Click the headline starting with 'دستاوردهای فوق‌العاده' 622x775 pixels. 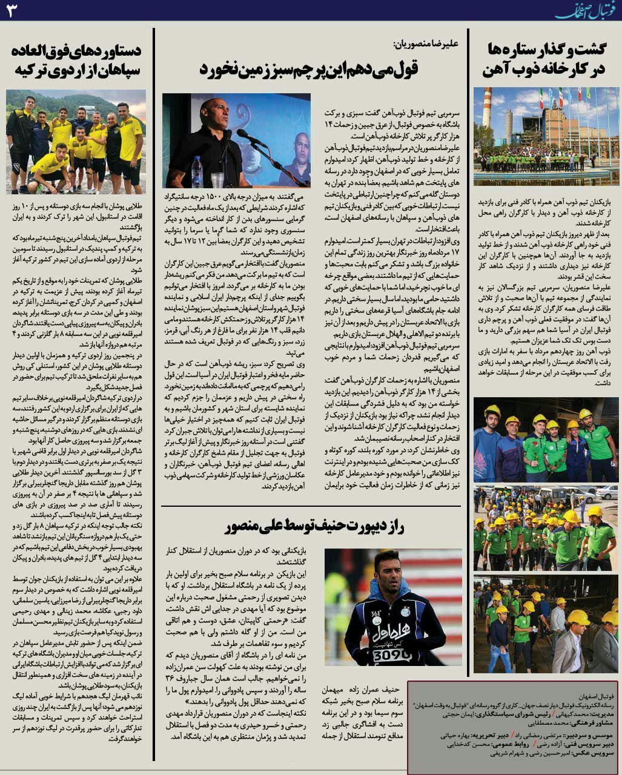coord(76,61)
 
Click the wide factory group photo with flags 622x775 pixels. coord(546,136)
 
